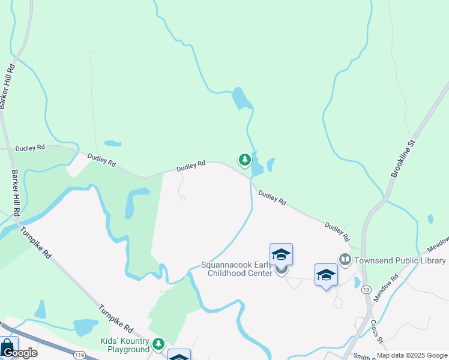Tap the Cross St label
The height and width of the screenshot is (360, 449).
coord(376,328)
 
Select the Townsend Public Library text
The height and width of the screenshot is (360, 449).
coord(400,260)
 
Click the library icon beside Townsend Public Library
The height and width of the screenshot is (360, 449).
coord(345,260)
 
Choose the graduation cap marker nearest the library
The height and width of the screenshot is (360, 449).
coord(326,275)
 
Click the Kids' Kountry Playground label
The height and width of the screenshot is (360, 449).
coord(124,345)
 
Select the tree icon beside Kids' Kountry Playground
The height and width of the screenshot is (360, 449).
coord(158,344)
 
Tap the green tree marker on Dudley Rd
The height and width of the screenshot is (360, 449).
coord(244,160)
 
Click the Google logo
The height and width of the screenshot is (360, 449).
coord(20,353)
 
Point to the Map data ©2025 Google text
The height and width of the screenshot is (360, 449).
coord(411,355)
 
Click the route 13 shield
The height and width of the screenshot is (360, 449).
coord(366,290)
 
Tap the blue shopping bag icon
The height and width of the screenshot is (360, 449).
coord(7,347)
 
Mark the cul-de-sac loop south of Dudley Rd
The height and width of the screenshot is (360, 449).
coord(183,198)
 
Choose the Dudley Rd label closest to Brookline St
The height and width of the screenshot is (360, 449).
coord(337,232)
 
